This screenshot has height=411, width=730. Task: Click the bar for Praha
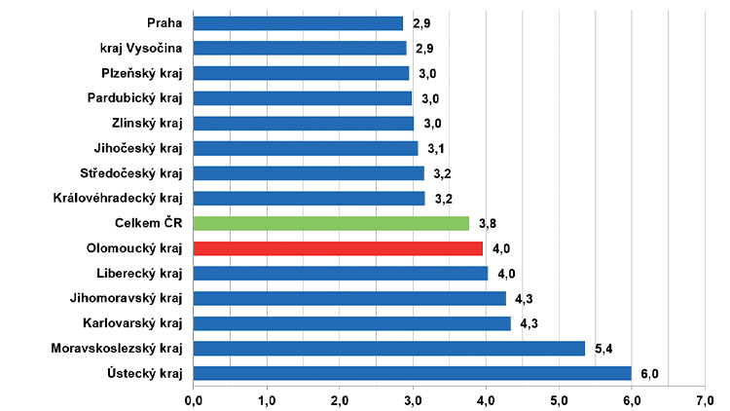tap(298, 23)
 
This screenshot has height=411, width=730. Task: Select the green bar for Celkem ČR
tap(331, 223)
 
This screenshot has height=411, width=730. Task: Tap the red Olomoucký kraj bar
tap(338, 248)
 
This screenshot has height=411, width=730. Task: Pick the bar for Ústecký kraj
tap(413, 373)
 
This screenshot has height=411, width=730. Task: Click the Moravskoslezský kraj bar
tap(389, 348)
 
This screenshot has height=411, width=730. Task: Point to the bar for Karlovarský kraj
tap(351, 323)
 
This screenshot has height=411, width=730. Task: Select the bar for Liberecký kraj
tap(340, 274)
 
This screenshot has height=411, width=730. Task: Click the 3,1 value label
tap(435, 148)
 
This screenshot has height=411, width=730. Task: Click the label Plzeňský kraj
tap(142, 73)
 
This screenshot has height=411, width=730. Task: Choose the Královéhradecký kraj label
tap(120, 198)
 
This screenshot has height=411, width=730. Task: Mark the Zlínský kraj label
tap(148, 123)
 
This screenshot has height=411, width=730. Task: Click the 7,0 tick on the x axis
tap(705, 398)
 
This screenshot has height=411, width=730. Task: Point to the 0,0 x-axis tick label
tap(193, 398)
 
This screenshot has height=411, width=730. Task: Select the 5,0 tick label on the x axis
tap(559, 398)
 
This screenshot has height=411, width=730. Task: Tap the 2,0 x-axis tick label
tap(339, 398)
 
